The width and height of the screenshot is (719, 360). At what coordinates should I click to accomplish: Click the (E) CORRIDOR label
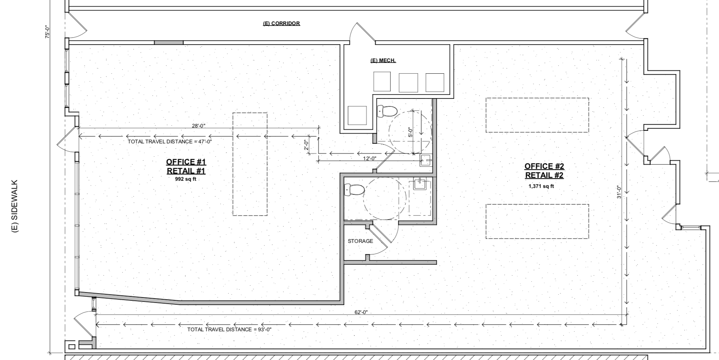(x=281, y=23)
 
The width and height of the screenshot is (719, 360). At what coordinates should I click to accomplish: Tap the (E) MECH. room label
(x=383, y=60)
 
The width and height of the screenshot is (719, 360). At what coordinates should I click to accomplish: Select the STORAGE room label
(x=360, y=241)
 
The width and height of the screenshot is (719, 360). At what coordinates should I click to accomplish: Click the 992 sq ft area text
(x=186, y=179)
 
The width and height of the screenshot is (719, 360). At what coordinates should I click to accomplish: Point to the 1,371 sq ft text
(x=541, y=186)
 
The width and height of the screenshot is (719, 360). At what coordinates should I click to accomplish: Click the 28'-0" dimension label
(x=199, y=125)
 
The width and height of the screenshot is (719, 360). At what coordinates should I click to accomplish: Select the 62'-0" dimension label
(x=361, y=312)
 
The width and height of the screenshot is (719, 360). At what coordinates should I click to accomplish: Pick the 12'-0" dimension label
(x=369, y=158)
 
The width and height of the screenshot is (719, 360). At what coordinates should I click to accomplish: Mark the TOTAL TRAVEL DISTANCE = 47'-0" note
(x=170, y=142)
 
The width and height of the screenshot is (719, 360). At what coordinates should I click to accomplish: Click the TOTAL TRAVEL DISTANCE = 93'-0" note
(x=229, y=329)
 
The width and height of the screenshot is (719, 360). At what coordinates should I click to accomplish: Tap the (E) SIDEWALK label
(x=15, y=206)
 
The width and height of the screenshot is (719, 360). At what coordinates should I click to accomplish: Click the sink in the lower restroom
(x=419, y=184)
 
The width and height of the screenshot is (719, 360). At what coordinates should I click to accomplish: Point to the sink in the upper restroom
(x=426, y=160)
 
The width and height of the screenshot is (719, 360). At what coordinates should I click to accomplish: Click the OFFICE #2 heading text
(x=544, y=166)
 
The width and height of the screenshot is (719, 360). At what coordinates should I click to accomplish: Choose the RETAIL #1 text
(x=186, y=171)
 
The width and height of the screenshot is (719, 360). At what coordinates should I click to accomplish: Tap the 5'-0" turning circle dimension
(x=410, y=132)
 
